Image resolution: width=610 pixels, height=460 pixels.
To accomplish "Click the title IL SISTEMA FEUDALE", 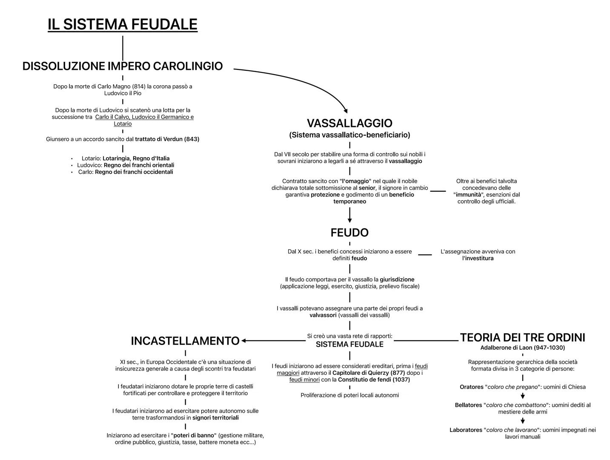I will click(123, 24).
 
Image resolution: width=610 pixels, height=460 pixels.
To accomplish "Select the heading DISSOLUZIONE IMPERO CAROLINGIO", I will click(123, 66).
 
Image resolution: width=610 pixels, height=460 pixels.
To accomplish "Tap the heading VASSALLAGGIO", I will click(349, 124).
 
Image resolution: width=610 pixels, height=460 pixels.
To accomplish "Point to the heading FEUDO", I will click(349, 233).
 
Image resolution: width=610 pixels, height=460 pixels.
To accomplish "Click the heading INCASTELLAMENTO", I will click(185, 341).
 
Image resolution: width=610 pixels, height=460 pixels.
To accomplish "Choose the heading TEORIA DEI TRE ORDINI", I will click(522, 338).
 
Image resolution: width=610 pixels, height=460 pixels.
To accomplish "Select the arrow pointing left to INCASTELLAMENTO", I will click(272, 341).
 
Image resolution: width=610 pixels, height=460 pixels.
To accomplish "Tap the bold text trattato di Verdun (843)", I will click(167, 139).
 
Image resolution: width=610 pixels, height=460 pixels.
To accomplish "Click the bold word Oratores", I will click(471, 387).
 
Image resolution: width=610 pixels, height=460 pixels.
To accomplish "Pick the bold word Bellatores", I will click(468, 405).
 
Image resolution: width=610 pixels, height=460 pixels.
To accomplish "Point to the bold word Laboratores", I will click(466, 430).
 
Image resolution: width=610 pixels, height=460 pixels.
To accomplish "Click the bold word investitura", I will click(479, 259).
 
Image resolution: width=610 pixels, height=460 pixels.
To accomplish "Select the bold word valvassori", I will click(323, 316).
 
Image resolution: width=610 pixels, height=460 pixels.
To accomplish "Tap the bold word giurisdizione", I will click(397, 280).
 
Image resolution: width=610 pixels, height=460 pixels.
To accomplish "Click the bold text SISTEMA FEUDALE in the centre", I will click(349, 345).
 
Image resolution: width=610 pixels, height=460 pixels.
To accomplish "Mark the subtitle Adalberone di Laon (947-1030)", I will click(522, 348).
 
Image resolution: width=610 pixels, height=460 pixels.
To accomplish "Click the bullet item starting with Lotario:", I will click(126, 158).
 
